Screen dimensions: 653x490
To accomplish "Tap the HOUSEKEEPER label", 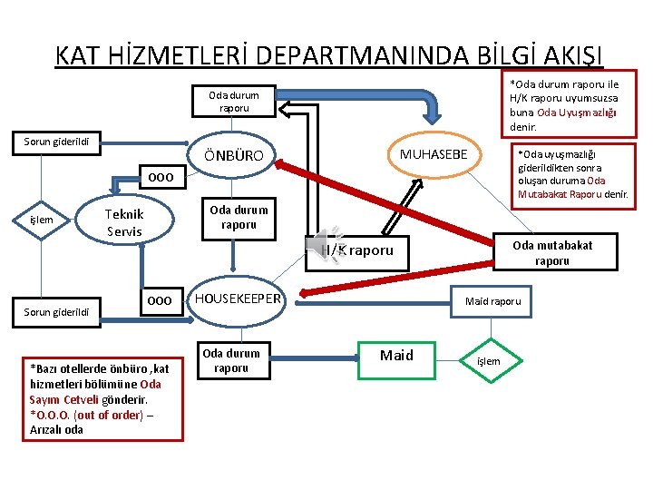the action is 238,299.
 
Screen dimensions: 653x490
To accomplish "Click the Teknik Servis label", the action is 124,223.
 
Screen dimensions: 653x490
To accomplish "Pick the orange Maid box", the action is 396,356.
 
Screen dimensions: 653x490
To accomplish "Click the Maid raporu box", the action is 492,300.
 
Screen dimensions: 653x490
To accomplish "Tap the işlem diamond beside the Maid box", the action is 488,361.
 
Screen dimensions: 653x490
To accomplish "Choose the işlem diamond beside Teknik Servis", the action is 42,220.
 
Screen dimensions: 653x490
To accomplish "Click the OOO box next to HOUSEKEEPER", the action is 159,300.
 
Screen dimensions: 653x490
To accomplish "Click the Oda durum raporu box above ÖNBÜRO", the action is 233,102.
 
